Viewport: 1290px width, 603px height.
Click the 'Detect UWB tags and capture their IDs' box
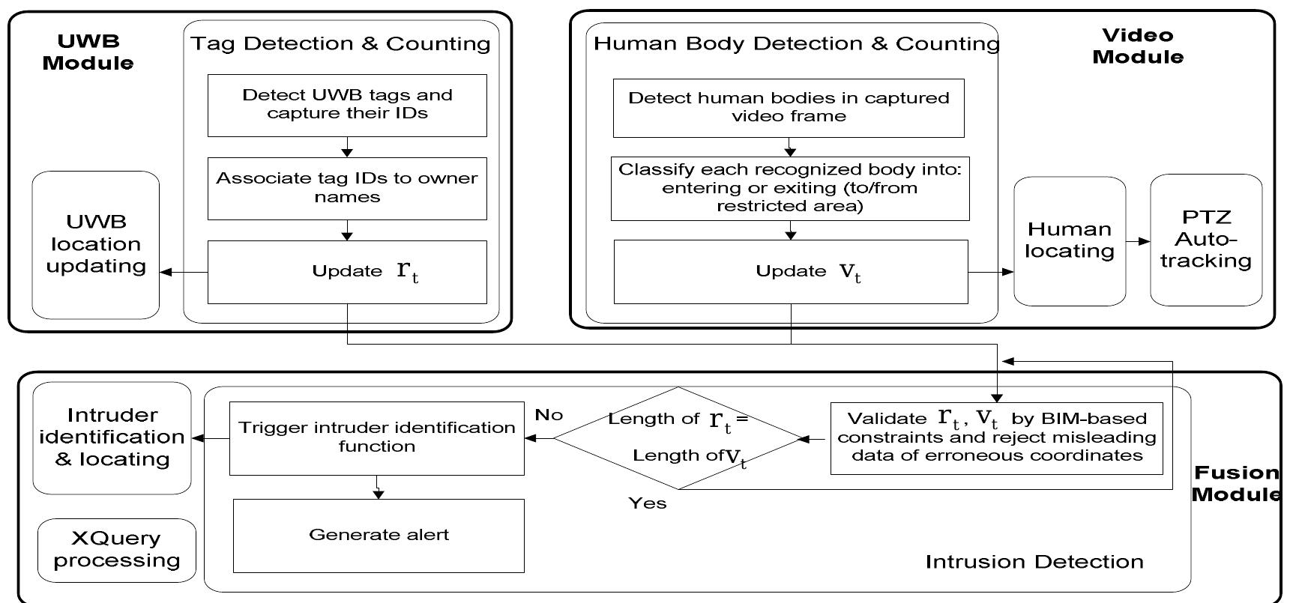coord(347,105)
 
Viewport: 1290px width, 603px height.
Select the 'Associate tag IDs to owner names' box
coord(347,188)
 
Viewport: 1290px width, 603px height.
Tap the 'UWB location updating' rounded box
coord(96,244)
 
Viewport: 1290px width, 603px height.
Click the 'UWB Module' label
coord(88,52)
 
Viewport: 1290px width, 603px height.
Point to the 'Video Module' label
coord(1137,46)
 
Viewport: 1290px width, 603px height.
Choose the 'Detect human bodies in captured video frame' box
coord(789,107)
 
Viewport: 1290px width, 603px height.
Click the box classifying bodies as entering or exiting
coord(790,188)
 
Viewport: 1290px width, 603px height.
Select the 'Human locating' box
coord(1070,240)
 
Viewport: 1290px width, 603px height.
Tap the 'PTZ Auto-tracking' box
coord(1206,240)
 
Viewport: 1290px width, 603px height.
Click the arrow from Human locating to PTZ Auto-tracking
coord(1138,241)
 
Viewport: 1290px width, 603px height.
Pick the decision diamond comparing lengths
coord(678,437)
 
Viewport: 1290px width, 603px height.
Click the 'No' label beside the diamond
coord(549,415)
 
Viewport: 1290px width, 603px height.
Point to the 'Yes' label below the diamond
coord(648,503)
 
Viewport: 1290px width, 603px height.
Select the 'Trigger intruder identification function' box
coord(376,437)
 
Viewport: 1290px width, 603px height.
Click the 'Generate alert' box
coord(379,535)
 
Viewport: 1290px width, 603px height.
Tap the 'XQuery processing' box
coord(117,550)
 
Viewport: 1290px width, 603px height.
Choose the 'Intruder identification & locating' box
coord(112,437)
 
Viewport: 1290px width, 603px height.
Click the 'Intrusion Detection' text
coord(1034,562)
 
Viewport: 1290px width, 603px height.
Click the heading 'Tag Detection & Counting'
coord(340,43)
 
